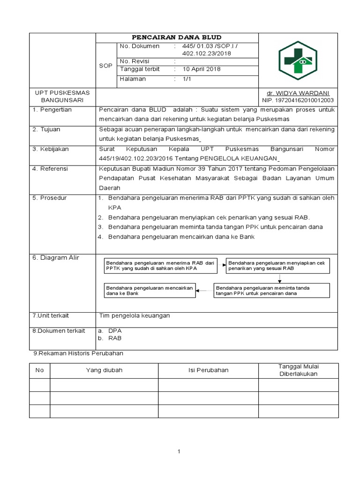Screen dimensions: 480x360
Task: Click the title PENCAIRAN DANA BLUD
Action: tap(176, 37)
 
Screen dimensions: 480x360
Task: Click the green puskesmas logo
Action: tap(298, 60)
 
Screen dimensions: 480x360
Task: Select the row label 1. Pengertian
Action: tap(52, 110)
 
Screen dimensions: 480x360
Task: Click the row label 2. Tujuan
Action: tap(46, 129)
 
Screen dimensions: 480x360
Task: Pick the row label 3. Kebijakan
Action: tap(51, 149)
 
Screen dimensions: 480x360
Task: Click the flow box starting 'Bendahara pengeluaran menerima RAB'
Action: tap(160, 266)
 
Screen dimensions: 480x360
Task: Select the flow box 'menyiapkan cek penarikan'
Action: tap(277, 266)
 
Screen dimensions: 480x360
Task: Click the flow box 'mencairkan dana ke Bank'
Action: tap(149, 290)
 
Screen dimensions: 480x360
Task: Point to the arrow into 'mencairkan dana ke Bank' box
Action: tap(204, 290)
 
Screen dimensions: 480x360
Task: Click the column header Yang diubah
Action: tap(104, 370)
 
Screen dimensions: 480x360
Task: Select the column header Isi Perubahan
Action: tap(208, 370)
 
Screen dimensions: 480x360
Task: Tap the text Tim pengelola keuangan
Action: tap(135, 316)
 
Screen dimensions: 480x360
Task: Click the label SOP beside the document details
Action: tap(105, 66)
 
